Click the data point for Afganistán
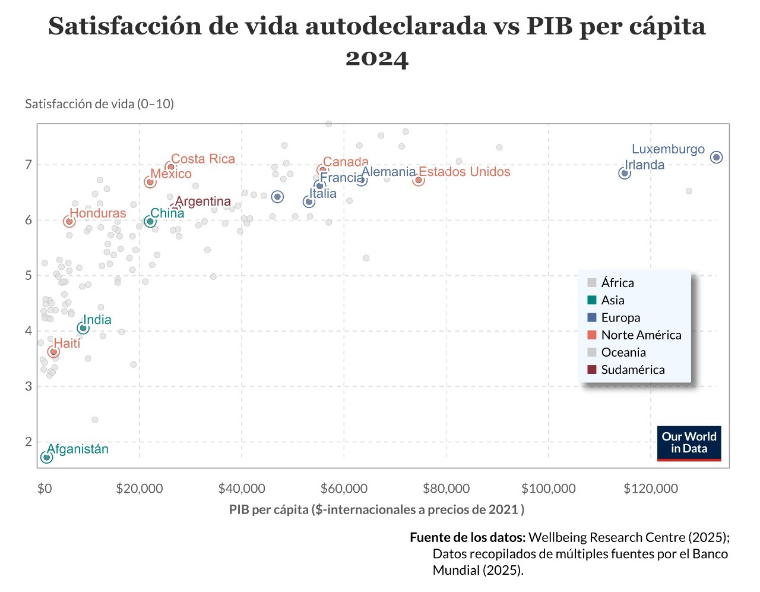(x=46, y=457)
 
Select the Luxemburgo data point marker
(x=716, y=157)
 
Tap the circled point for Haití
(x=53, y=352)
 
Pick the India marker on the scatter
(x=83, y=328)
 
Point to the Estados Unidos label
(x=464, y=172)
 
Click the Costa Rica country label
(x=203, y=159)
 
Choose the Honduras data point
(x=69, y=221)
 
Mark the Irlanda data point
(x=624, y=173)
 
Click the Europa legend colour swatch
(x=592, y=317)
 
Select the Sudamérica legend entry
(x=632, y=370)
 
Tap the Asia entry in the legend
(x=612, y=300)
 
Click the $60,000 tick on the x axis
(x=344, y=489)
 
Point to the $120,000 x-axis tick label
(x=651, y=489)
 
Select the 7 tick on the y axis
(x=28, y=165)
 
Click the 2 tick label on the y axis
(x=28, y=442)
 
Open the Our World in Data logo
(x=689, y=443)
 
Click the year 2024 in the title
(x=377, y=58)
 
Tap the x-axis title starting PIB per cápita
(x=376, y=509)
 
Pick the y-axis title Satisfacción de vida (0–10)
(x=99, y=104)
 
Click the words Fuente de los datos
(x=467, y=537)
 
